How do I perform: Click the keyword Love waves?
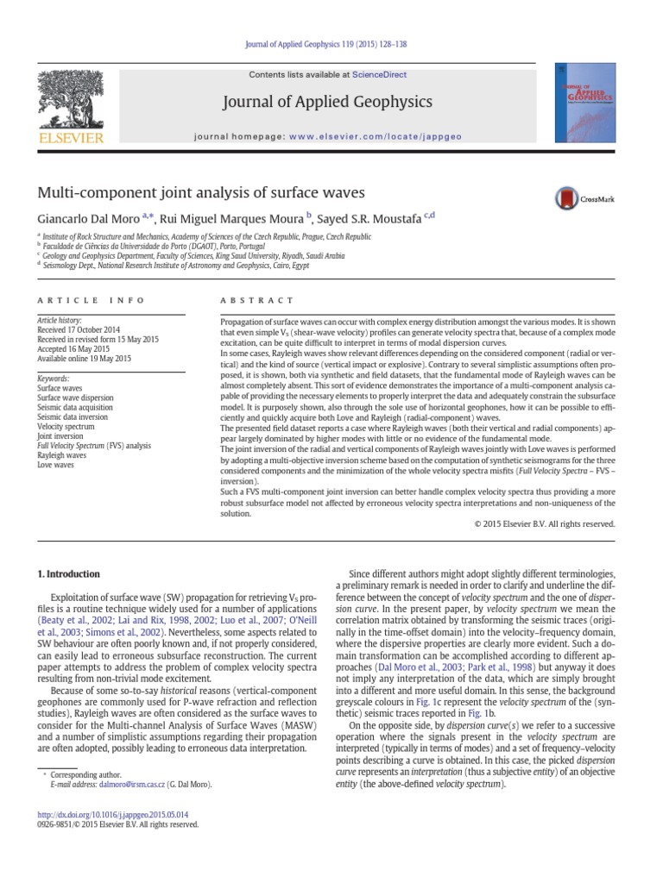[x=58, y=465]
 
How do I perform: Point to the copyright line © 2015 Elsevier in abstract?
[x=545, y=523]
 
